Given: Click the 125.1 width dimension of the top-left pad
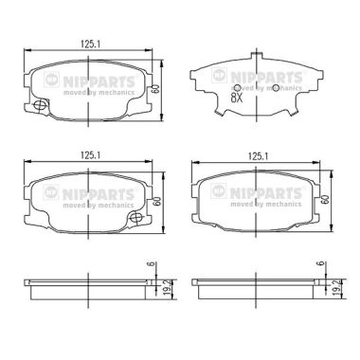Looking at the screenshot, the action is click(91, 45).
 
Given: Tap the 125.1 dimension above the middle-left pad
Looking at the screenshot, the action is click(91, 155).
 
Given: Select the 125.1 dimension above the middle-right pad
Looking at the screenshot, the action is click(258, 155).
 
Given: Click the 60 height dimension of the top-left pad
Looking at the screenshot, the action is click(155, 89).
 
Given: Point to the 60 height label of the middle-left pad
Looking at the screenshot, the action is click(157, 202).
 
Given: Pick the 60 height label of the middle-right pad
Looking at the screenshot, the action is click(325, 199).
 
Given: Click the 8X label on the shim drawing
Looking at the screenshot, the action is click(237, 99).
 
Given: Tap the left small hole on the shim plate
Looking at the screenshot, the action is click(238, 88).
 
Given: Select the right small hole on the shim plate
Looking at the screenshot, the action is click(276, 88).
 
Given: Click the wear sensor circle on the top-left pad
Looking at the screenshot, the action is click(40, 104).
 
